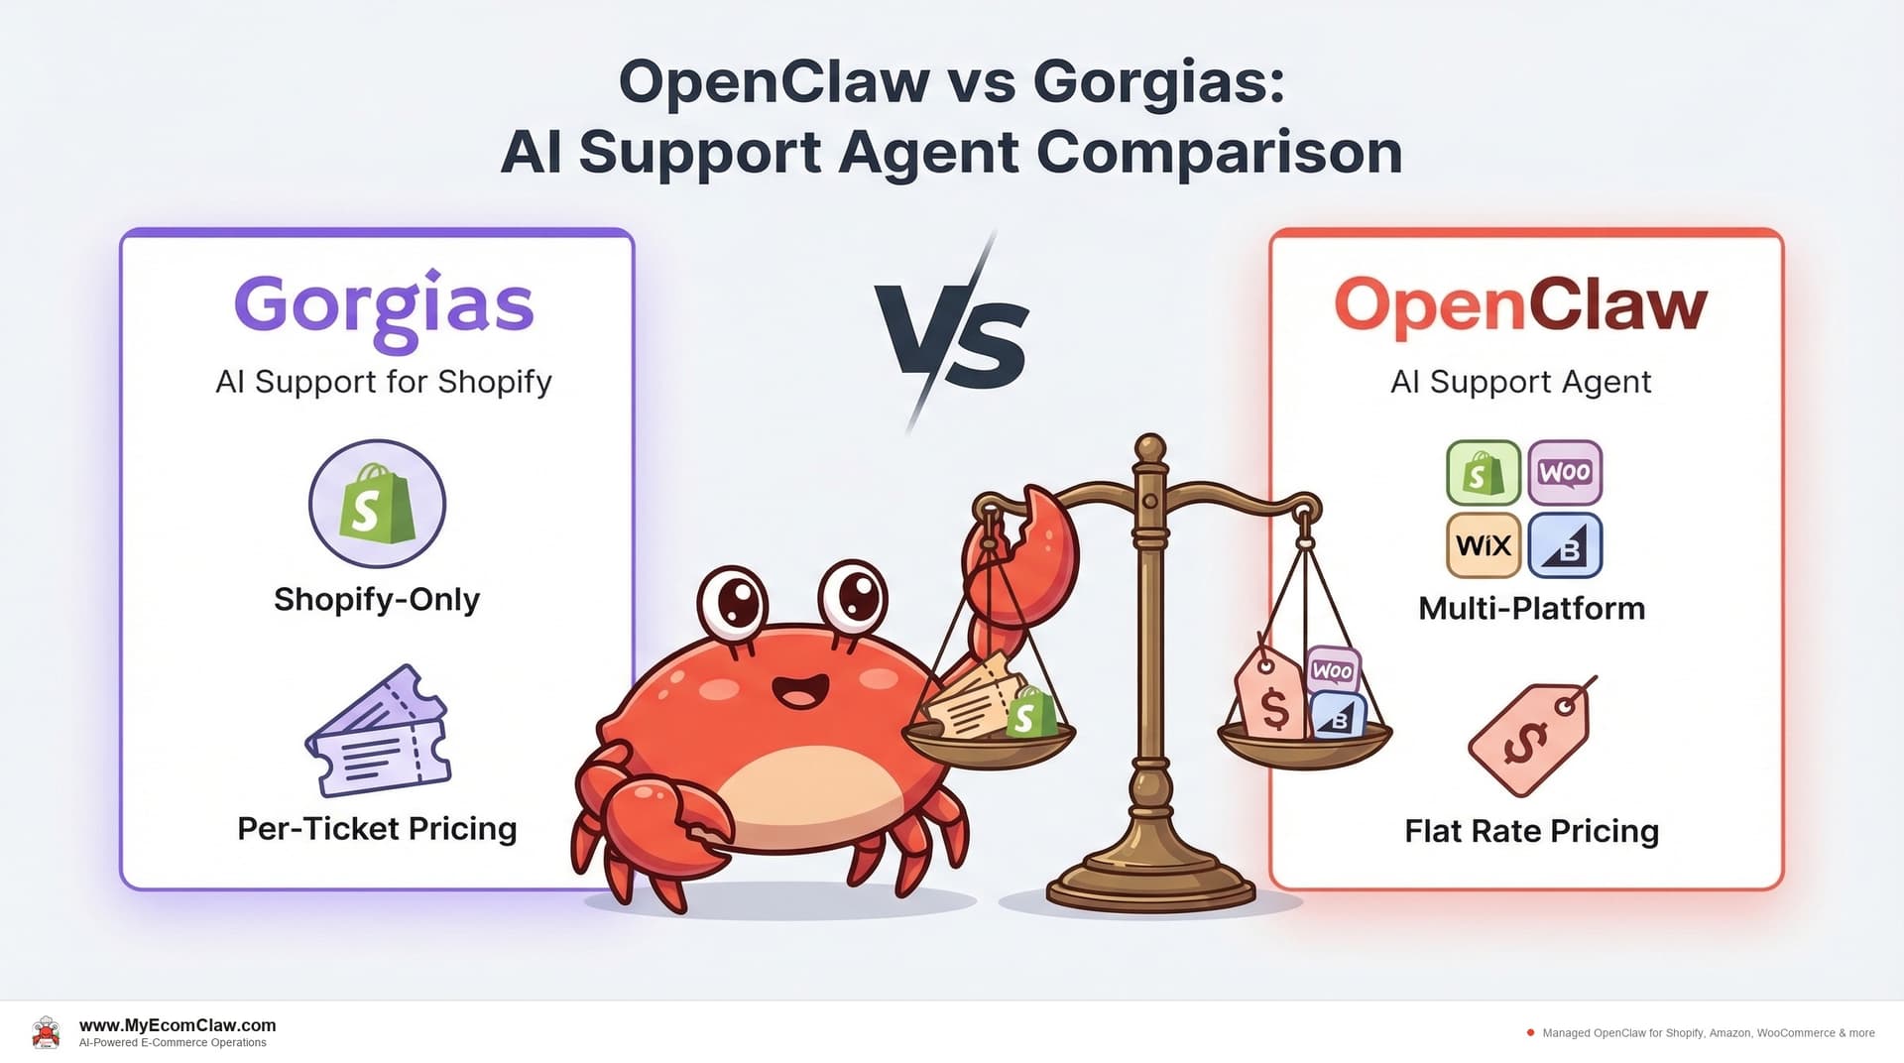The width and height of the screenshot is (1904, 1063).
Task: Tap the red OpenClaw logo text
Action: [1520, 305]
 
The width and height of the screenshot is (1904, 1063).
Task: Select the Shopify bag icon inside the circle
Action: [377, 504]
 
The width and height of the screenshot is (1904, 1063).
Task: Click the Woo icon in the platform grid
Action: [1565, 473]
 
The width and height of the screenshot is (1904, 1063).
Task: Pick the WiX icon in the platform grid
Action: [1484, 545]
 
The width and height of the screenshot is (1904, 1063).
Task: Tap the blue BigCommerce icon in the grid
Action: [1565, 545]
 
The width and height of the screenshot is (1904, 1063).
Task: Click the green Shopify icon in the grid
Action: [1484, 473]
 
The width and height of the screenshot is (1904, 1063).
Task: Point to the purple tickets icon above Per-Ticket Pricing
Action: [378, 734]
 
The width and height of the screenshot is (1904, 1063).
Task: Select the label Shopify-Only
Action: [377, 599]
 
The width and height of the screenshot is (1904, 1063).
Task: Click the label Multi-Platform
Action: [1531, 608]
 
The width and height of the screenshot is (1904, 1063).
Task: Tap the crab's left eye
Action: [734, 602]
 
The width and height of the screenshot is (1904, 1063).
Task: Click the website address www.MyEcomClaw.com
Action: [178, 1025]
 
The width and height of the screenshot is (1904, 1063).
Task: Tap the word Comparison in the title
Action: [1219, 153]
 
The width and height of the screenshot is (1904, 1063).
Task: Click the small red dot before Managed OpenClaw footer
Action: [1530, 1032]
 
